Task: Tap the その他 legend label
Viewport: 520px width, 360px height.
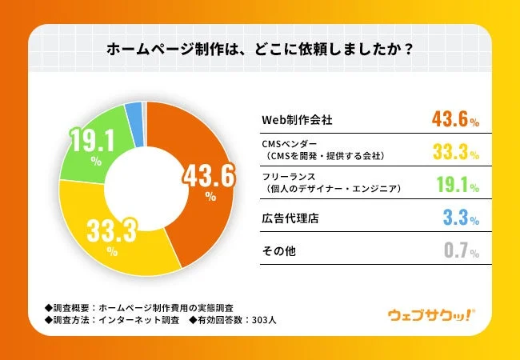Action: coord(279,251)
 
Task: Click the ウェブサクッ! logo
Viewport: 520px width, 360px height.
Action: coord(430,316)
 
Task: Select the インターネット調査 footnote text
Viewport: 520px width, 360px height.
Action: coord(133,322)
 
